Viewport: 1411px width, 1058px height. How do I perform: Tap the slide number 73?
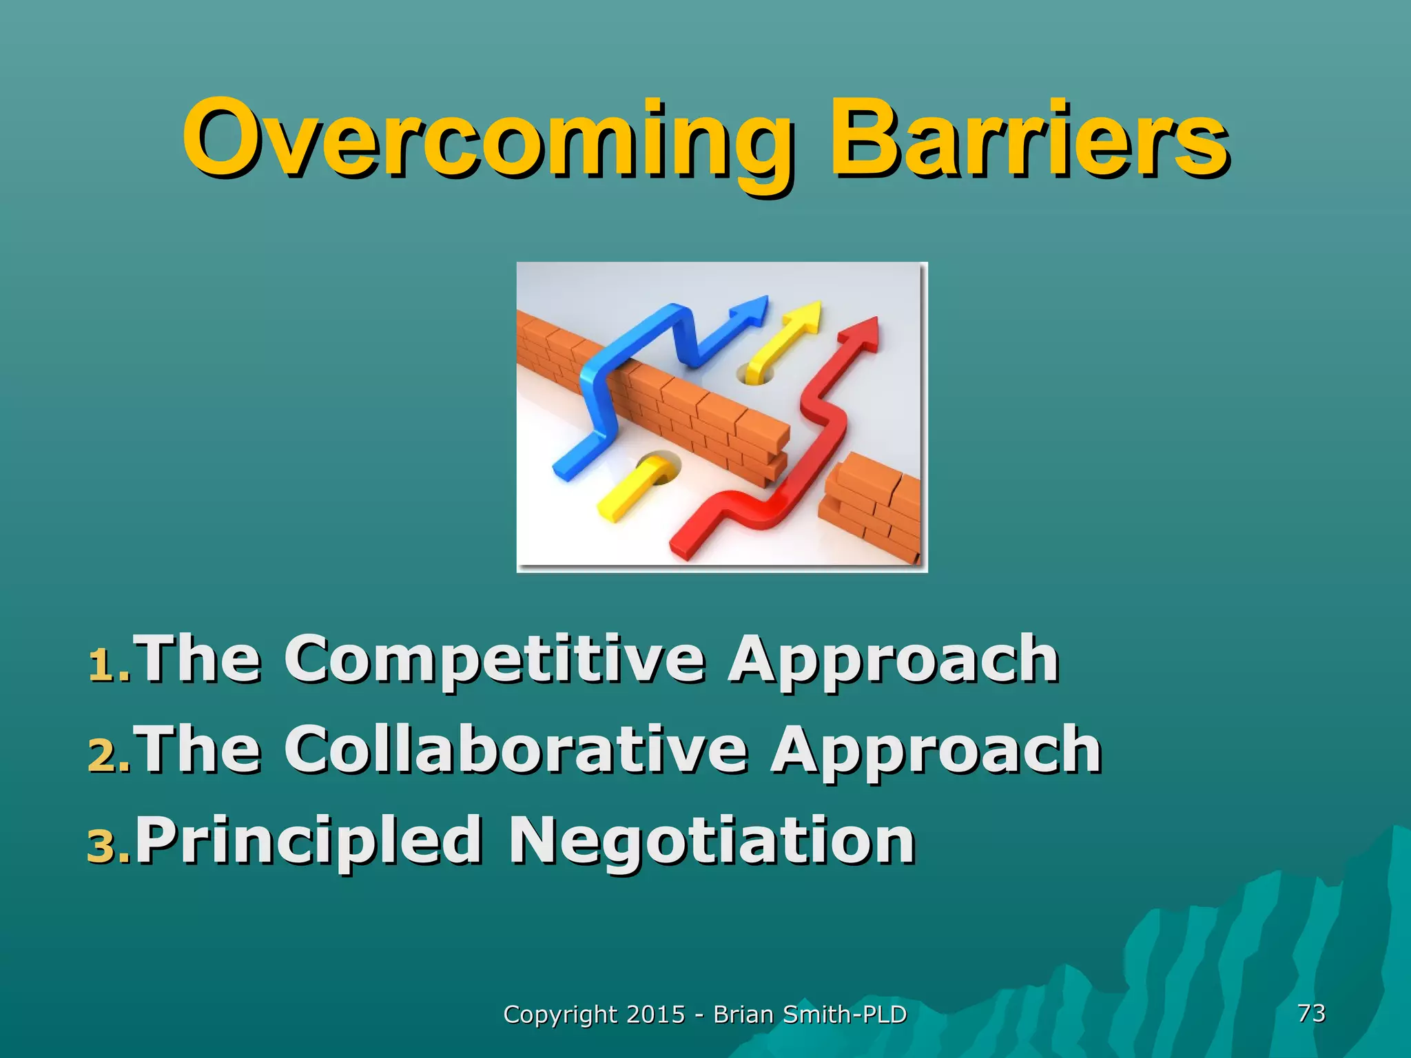click(1311, 1013)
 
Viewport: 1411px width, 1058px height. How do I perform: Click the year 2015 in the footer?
click(656, 1015)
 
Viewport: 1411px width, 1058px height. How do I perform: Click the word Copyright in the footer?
click(560, 1015)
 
